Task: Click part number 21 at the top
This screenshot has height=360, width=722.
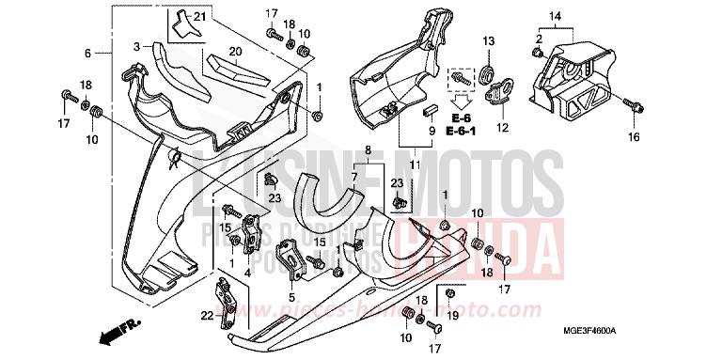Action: tap(198, 18)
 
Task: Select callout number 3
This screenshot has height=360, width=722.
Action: tap(136, 45)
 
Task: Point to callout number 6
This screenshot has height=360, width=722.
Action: tap(87, 53)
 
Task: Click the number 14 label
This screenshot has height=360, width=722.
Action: tap(555, 16)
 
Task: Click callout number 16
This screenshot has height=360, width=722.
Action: tap(633, 137)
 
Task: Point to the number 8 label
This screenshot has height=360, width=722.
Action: tap(369, 149)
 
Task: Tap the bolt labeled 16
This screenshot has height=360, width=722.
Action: tap(632, 107)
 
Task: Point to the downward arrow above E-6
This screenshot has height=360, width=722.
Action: tap(461, 97)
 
